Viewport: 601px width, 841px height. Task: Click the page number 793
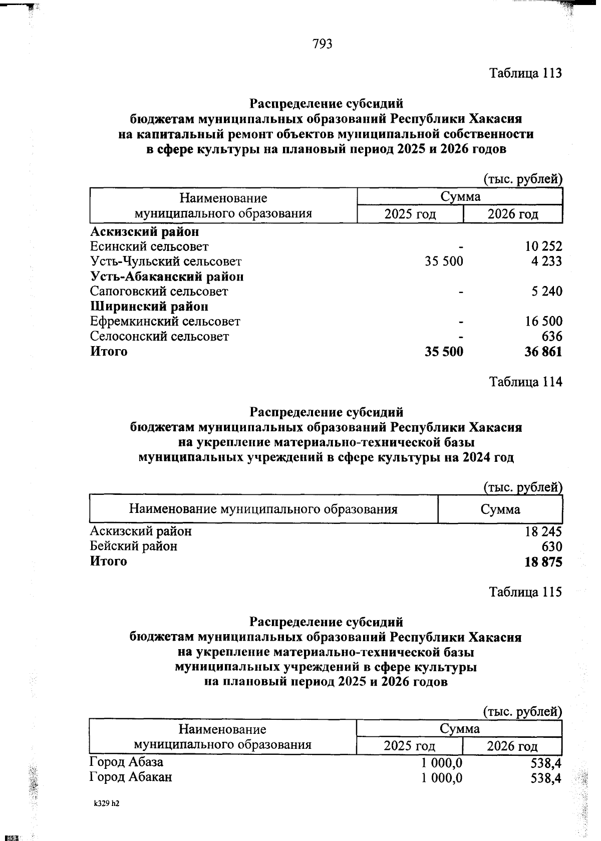323,45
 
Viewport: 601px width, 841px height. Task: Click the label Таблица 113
525,73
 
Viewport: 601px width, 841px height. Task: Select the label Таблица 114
525,382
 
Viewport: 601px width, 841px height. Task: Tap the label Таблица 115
525,592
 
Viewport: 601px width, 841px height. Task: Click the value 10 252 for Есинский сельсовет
543,246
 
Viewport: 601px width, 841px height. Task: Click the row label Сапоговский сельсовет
159,292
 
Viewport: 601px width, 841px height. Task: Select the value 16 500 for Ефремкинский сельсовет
543,322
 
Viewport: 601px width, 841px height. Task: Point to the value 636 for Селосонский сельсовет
551,337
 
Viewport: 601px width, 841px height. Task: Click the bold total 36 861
543,352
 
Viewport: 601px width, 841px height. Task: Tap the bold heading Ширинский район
149,307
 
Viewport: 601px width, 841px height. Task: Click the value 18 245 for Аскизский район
543,531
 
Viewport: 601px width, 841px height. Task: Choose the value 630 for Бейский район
551,546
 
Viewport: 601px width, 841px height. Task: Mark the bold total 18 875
543,562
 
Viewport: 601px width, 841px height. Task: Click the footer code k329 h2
107,804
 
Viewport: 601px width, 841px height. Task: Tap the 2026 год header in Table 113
513,214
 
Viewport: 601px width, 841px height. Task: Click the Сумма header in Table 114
500,510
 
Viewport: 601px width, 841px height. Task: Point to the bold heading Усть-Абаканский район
167,276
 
